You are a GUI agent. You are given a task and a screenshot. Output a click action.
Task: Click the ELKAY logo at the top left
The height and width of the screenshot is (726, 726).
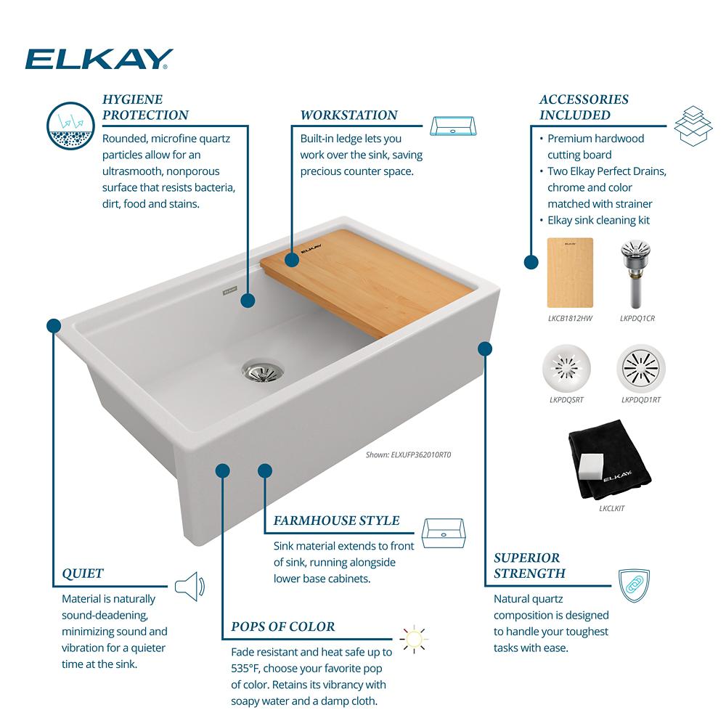pyautogui.click(x=99, y=59)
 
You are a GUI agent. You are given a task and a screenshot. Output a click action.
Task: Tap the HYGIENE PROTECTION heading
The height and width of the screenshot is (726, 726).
pyautogui.click(x=145, y=107)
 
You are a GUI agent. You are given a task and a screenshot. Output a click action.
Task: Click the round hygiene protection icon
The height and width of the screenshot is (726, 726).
pyautogui.click(x=71, y=126)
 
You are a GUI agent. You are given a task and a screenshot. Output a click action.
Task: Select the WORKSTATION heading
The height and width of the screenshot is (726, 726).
pyautogui.click(x=348, y=115)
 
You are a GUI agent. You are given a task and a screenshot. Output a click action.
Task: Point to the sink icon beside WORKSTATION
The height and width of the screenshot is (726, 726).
pyautogui.click(x=453, y=126)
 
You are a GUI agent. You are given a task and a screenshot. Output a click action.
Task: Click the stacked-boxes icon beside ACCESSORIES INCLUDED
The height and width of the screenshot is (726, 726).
pyautogui.click(x=693, y=126)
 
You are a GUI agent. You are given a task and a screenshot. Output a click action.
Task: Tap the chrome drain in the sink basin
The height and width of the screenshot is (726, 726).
pyautogui.click(x=263, y=370)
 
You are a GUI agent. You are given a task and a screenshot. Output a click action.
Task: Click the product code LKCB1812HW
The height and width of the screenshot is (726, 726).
pyautogui.click(x=570, y=319)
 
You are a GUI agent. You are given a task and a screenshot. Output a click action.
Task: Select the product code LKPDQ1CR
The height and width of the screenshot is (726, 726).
pyautogui.click(x=637, y=319)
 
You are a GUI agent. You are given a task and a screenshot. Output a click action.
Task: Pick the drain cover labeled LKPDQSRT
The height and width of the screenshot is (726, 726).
pyautogui.click(x=566, y=368)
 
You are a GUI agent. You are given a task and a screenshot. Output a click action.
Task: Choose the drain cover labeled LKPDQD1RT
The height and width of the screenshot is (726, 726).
pyautogui.click(x=641, y=368)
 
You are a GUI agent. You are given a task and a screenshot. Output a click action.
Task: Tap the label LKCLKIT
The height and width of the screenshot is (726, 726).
pyautogui.click(x=611, y=508)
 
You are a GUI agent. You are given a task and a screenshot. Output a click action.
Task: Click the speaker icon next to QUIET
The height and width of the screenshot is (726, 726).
pyautogui.click(x=189, y=587)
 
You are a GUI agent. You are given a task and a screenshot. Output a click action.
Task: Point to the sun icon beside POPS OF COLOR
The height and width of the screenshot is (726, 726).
pyautogui.click(x=414, y=640)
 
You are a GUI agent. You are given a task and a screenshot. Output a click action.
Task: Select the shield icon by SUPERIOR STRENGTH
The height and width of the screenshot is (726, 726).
pyautogui.click(x=635, y=586)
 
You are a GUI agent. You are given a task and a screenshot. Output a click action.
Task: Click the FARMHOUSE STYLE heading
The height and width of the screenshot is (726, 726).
pyautogui.click(x=337, y=521)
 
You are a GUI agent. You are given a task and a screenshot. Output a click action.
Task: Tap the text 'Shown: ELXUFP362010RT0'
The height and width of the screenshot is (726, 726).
pyautogui.click(x=408, y=454)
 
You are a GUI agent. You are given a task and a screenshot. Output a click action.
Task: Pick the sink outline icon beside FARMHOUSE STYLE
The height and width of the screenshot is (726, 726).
pyautogui.click(x=444, y=534)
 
